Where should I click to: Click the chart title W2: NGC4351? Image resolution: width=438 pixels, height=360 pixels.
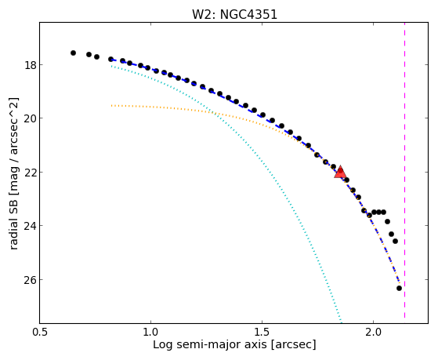234,14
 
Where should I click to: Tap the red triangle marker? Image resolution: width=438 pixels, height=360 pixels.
340,173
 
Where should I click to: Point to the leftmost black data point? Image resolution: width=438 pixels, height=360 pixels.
73,53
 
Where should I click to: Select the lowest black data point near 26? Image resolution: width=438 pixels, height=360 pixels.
399,288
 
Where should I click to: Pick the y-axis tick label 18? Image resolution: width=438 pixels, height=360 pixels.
30,65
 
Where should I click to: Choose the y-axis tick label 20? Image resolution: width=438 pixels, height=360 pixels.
30,118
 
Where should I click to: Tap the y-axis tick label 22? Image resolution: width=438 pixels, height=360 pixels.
30,172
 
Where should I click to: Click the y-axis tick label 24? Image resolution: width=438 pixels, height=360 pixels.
30,225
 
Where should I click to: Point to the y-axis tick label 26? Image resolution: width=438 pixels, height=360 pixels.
30,279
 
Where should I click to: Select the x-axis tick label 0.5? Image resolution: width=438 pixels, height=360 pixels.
40,333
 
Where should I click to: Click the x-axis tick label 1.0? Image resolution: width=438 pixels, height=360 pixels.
151,333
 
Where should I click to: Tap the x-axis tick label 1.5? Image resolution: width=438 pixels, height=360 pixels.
262,333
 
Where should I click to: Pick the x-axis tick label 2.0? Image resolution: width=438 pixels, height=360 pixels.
374,333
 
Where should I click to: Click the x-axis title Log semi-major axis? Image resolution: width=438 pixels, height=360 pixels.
210,345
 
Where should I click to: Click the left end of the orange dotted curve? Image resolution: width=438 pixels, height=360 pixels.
111,105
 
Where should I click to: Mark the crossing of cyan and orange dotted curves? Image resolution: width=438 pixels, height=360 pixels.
213,112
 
